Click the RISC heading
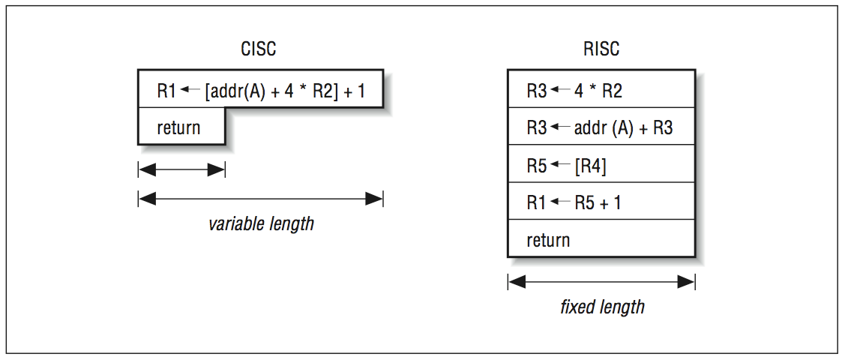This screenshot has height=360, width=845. [x=601, y=49]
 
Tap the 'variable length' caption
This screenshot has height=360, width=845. [x=261, y=223]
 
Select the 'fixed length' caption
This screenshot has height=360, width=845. [x=602, y=307]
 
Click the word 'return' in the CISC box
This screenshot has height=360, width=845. [x=178, y=127]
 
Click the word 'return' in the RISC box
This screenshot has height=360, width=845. [x=548, y=240]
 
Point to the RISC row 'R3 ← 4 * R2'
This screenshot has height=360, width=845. [x=574, y=91]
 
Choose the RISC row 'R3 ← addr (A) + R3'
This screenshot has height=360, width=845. [x=600, y=127]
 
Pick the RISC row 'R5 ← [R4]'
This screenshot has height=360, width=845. [x=566, y=165]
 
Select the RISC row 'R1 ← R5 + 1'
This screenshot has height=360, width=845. [x=574, y=202]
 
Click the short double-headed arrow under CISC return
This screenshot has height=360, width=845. [x=181, y=170]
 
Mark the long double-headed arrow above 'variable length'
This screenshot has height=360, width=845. [x=261, y=199]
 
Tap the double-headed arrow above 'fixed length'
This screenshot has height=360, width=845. [x=601, y=282]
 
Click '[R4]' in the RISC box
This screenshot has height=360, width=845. [x=590, y=165]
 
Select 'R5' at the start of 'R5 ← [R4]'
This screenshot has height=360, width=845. [x=537, y=165]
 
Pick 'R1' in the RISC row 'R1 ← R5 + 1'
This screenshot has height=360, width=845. [x=537, y=202]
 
